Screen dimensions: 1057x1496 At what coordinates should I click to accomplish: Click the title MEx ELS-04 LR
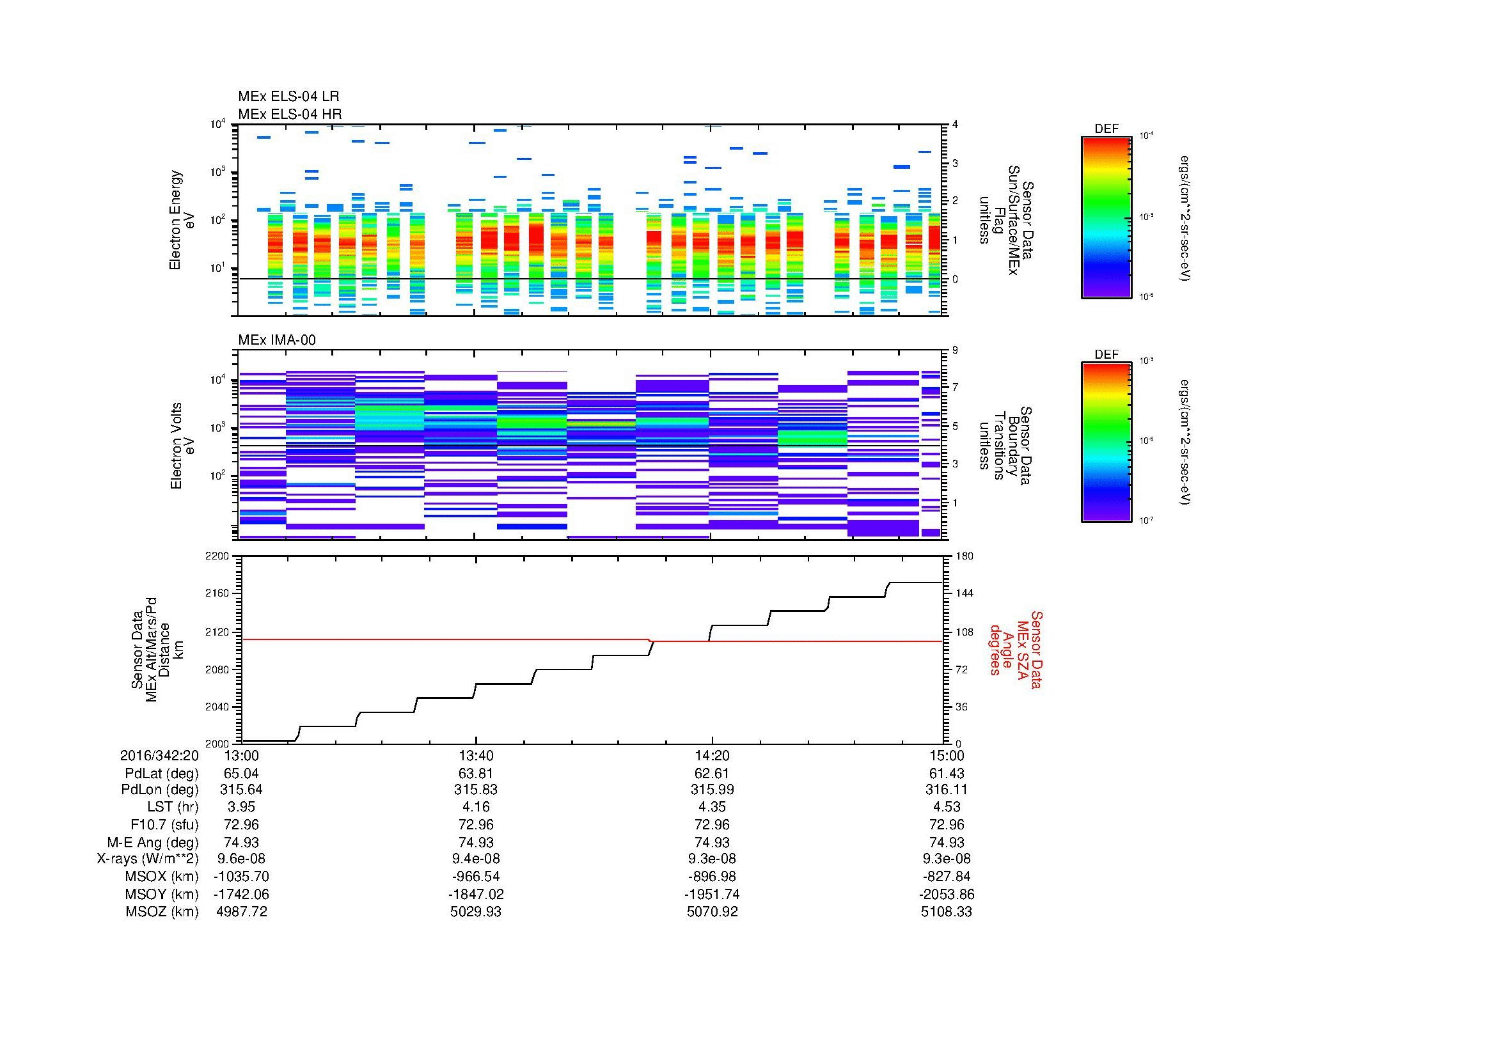click(288, 97)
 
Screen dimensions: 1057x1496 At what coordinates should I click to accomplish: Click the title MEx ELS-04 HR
click(289, 114)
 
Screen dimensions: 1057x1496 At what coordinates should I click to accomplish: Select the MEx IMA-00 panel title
click(276, 340)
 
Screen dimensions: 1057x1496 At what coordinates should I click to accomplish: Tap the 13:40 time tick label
click(476, 755)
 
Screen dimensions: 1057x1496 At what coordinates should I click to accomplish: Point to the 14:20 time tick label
click(712, 755)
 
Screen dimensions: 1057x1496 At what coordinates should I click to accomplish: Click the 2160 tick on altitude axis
click(217, 594)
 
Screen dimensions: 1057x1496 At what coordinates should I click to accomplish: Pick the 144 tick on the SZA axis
click(964, 593)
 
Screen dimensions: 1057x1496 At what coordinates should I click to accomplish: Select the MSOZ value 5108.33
click(946, 912)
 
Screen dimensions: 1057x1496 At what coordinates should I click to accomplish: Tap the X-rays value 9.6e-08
click(241, 859)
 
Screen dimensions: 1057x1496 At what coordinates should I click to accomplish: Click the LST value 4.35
click(712, 807)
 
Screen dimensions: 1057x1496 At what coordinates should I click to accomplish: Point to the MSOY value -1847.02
click(476, 894)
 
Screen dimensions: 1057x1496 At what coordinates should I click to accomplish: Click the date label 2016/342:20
click(159, 755)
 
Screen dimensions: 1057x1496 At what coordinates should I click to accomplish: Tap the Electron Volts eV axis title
click(182, 446)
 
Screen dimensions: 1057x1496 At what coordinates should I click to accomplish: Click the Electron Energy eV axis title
click(182, 220)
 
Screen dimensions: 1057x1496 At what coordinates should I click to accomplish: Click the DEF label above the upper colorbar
click(1106, 129)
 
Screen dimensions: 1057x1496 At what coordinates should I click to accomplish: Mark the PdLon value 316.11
click(946, 790)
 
